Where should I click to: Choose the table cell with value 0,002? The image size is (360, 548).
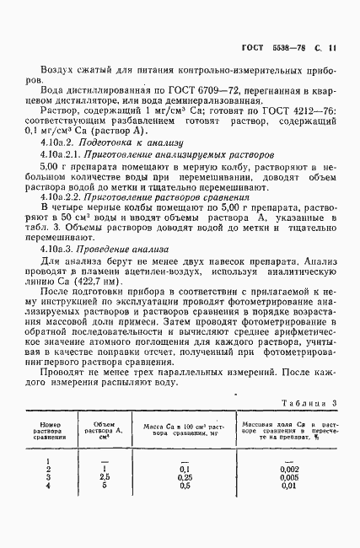(285, 470)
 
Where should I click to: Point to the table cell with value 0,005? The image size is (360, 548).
(285, 479)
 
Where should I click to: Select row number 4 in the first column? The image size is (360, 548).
(48, 487)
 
